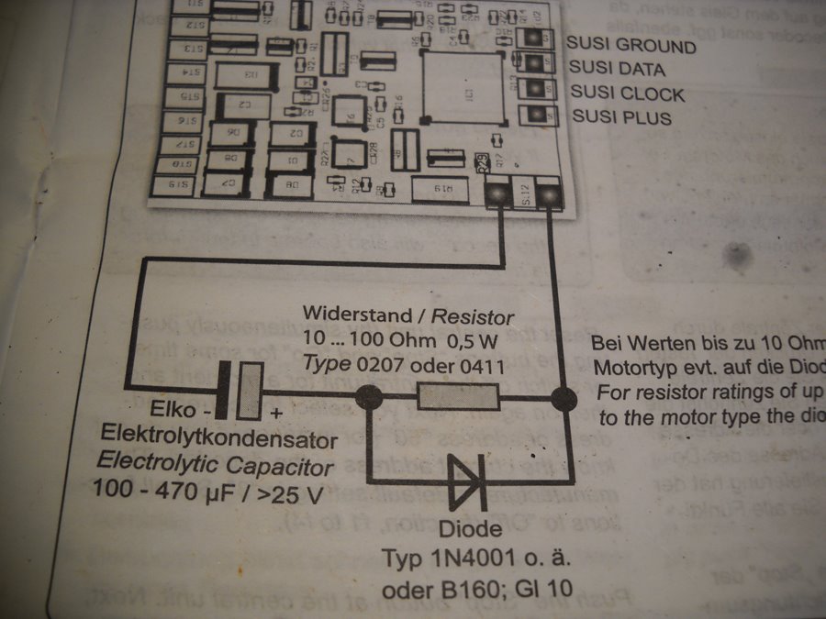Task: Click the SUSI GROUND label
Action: click(631, 44)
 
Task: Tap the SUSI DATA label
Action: click(617, 69)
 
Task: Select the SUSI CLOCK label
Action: click(627, 94)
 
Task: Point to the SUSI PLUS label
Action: click(621, 117)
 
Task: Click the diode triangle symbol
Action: click(466, 482)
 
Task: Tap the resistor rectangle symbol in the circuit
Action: click(457, 397)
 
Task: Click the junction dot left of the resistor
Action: click(369, 398)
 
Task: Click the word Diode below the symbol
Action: click(470, 529)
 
